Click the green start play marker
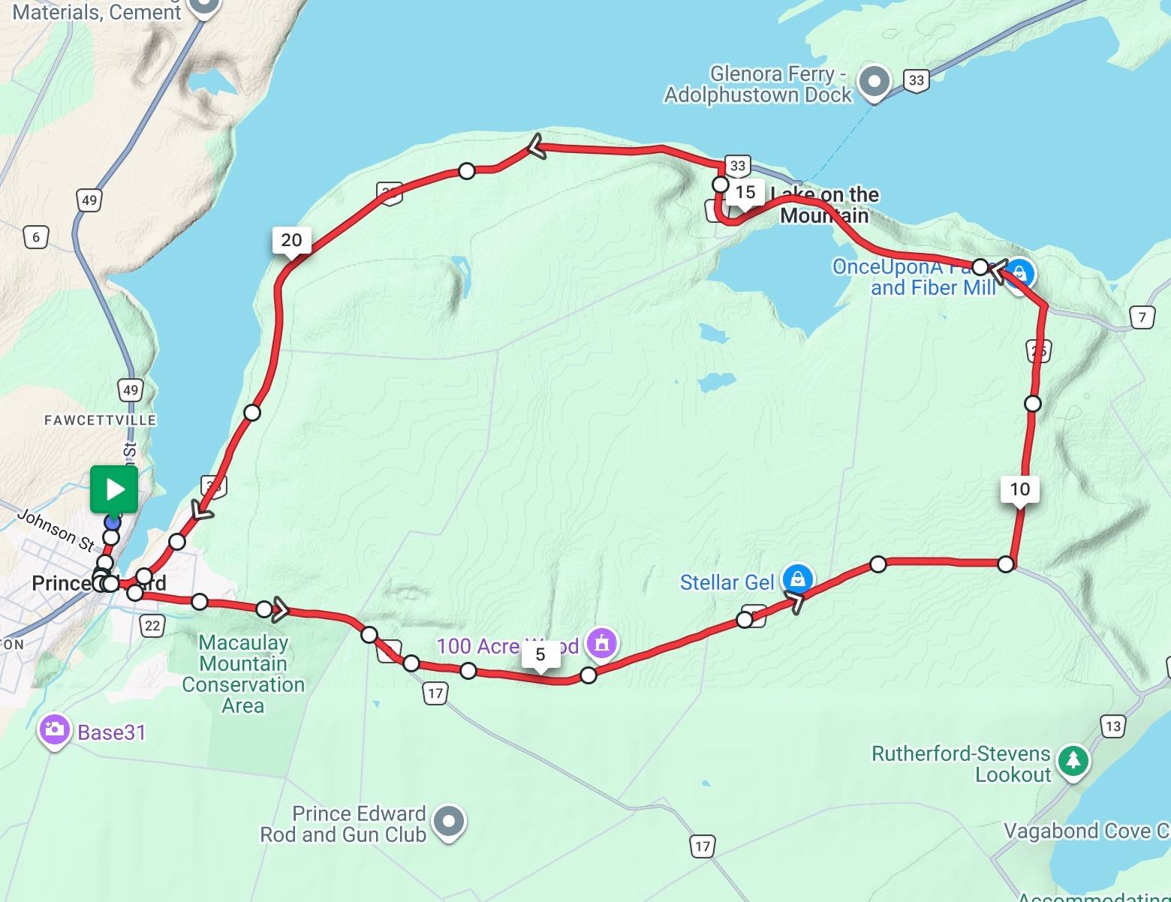(x=114, y=489)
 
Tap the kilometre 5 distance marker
(x=540, y=654)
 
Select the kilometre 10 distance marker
(x=1019, y=489)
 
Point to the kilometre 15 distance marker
(x=745, y=192)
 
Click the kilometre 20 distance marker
(x=291, y=240)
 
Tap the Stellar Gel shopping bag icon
(x=797, y=579)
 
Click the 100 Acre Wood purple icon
(x=601, y=642)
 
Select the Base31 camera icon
(x=54, y=730)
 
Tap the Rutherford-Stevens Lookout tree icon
(x=1073, y=761)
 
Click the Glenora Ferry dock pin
(x=874, y=81)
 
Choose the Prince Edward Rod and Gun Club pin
(x=448, y=822)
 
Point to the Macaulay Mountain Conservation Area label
(x=243, y=674)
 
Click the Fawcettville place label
(x=100, y=420)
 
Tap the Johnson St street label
(x=56, y=529)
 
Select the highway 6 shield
(x=35, y=238)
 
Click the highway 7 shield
(x=1142, y=317)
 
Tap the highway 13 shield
(x=1112, y=726)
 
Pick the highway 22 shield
(x=152, y=626)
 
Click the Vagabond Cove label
(x=1085, y=831)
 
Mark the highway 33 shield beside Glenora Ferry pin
(x=916, y=81)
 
